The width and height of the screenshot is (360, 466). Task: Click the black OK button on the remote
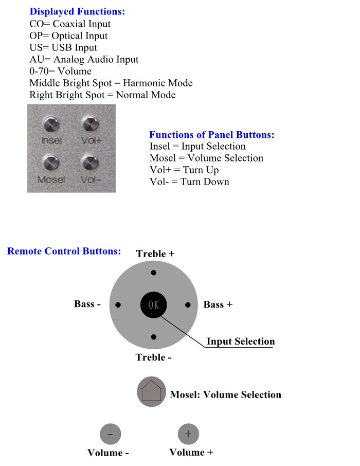pos(154,304)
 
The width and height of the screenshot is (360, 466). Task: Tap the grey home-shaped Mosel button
pos(151,392)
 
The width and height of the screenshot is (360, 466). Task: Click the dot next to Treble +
pos(153,273)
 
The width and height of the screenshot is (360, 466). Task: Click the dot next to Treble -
pos(153,336)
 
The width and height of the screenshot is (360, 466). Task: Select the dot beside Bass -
pos(118,305)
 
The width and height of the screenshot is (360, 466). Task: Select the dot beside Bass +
pos(188,305)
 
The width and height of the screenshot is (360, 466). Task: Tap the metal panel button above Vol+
pos(90,123)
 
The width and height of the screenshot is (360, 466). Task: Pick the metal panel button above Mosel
pos(51,163)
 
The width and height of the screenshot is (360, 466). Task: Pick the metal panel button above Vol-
pos(90,163)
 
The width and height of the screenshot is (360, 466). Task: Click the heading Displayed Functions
pos(77,11)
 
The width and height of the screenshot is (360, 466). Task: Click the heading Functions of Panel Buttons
pos(211,135)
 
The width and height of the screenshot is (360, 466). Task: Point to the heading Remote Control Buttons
pos(64,251)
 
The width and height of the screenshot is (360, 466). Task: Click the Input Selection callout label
pos(240,341)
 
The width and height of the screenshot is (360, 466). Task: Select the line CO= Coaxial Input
pos(70,24)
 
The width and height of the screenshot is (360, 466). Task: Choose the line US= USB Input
pos(63,47)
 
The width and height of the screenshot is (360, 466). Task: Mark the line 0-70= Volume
pos(60,71)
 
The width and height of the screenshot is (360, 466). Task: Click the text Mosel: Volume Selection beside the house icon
pos(225,395)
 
